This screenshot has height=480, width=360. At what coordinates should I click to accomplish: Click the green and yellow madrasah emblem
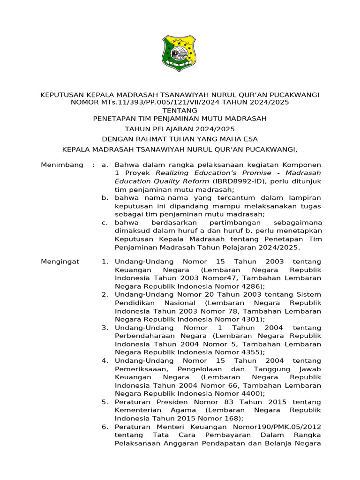click(179, 53)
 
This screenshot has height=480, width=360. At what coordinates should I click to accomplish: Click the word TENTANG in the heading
click(180, 110)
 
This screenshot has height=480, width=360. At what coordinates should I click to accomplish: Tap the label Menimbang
click(62, 165)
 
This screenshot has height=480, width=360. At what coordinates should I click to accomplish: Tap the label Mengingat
click(60, 262)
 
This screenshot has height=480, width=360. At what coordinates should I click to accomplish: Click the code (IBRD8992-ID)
click(239, 181)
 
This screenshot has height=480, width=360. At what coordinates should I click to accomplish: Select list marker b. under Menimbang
click(105, 198)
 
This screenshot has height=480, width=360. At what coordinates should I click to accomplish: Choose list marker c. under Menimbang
click(105, 223)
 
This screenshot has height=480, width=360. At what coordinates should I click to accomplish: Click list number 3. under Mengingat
click(105, 328)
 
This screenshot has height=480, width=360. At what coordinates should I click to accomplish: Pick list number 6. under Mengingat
click(105, 427)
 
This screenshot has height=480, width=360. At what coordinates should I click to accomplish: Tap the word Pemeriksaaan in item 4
click(139, 369)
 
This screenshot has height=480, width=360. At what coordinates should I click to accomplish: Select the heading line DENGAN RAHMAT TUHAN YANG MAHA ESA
click(180, 139)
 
